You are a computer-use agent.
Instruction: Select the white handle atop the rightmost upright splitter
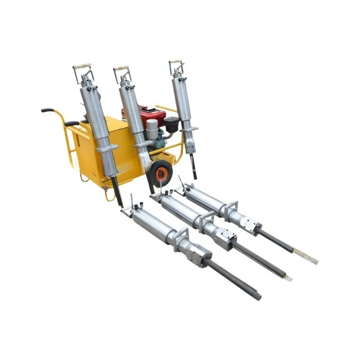tap(175, 61)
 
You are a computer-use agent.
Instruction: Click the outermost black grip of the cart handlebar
tap(47, 110)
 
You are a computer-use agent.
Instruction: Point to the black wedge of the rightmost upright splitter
tap(193, 166)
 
